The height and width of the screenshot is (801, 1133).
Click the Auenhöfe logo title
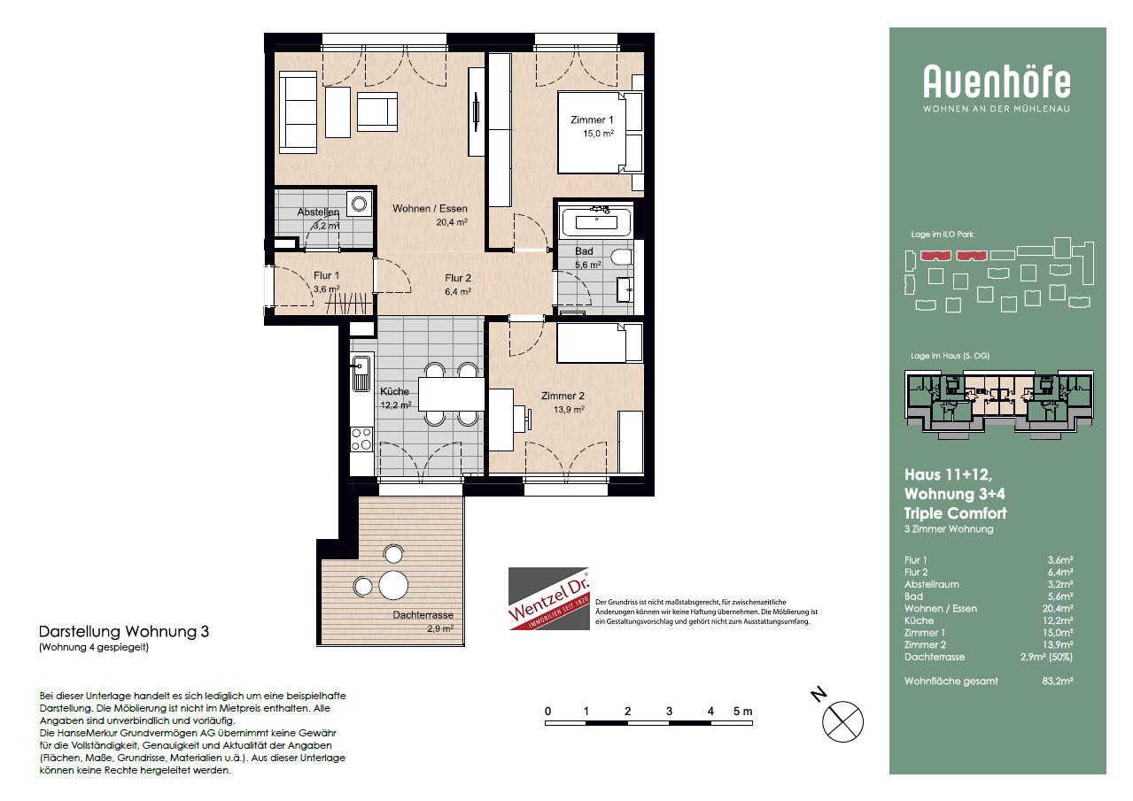pos(997,81)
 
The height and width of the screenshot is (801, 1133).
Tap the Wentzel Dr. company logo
pos(549,599)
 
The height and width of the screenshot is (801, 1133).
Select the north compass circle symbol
pos(842,721)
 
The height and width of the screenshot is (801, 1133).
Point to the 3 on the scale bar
pos(669,712)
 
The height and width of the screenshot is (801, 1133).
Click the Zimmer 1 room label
pos(592,120)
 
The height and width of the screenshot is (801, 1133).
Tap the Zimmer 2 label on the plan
pos(563,397)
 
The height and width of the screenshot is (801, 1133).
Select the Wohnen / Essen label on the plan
pos(430,209)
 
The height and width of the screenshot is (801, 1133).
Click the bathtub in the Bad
pos(597,221)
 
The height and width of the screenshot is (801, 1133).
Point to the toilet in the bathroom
pos(622,258)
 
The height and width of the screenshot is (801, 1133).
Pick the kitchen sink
pos(361,372)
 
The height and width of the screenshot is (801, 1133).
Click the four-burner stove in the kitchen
pos(361,439)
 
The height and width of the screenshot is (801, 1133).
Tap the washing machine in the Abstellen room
pos(360,204)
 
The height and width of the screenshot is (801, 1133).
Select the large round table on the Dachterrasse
pos(393,585)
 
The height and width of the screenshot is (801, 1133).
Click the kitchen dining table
pos(452,394)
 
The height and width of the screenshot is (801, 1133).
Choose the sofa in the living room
pos(299,112)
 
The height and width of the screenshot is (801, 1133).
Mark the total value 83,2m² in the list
pos(1057,682)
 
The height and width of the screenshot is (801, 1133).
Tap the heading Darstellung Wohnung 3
pos(124,632)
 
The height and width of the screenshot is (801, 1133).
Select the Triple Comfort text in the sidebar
pos(956,513)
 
